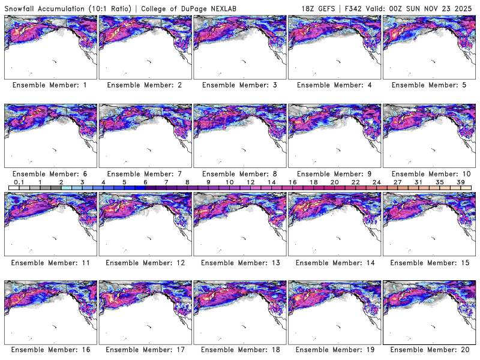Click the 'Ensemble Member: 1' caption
[x=50, y=85]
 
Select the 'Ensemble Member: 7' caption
[x=145, y=173]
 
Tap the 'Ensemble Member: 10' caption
[x=429, y=173]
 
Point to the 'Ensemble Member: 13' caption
[x=239, y=262]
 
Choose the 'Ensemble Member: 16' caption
[x=50, y=349]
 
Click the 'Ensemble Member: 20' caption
[x=429, y=349]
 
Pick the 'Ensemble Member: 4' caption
[x=334, y=85]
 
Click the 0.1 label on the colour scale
[x=19, y=182]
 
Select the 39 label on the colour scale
[x=460, y=182]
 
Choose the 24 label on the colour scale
[x=376, y=182]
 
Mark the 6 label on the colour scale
[x=145, y=182]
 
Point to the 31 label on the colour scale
[x=418, y=182]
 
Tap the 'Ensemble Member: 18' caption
[x=239, y=349]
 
